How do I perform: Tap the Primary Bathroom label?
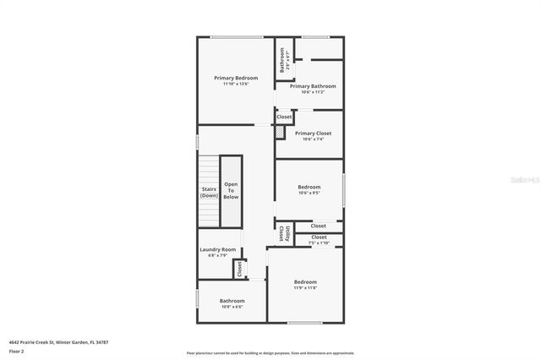(313, 86)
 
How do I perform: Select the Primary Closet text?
(313, 134)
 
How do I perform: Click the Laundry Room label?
(217, 249)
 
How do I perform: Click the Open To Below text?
(231, 190)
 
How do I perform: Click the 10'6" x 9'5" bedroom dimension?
(309, 193)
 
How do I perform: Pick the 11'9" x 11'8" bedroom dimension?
(305, 288)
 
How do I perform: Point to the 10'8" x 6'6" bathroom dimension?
(232, 307)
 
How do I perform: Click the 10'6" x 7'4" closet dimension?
(313, 139)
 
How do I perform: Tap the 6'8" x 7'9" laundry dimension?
(217, 255)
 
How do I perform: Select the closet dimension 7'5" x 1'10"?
(319, 243)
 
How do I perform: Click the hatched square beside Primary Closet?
(280, 133)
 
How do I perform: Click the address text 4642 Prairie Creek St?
(58, 342)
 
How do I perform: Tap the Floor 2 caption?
(16, 351)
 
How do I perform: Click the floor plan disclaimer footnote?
(270, 353)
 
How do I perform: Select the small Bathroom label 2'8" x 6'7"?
(283, 59)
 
